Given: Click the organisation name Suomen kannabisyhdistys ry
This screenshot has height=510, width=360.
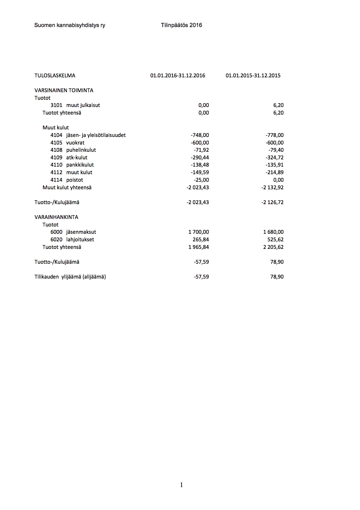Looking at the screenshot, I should tap(70, 25).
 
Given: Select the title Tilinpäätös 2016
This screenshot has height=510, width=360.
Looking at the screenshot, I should tap(181, 25).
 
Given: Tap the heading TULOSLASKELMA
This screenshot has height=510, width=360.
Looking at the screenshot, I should tap(55, 76).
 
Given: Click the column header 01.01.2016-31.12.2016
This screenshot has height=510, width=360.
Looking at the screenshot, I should tap(178, 76).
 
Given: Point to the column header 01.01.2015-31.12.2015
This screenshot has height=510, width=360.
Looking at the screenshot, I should tap(253, 76).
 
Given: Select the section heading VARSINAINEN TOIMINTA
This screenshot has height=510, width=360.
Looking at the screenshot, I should tap(64, 90).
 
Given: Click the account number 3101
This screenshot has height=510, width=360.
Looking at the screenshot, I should tap(56, 105).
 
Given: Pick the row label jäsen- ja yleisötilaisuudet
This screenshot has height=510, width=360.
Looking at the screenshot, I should tap(96, 135).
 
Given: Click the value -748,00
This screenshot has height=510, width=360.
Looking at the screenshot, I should tap(200, 135).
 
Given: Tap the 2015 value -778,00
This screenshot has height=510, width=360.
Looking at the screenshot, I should tap(275, 135).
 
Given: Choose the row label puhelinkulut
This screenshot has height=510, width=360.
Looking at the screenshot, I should tap(81, 150).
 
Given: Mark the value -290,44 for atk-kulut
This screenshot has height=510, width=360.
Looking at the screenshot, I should tap(200, 158).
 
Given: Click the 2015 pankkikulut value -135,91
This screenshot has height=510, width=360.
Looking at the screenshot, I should tap(275, 165).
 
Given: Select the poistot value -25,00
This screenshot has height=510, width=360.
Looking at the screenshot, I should tap(201, 180).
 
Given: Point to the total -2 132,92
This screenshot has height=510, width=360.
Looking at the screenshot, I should tap(273, 188).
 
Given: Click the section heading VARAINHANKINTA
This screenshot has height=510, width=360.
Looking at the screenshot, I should tap(56, 217).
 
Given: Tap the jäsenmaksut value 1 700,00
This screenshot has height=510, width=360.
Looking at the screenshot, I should tap(199, 232).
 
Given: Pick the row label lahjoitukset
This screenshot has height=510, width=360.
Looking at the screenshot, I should tap(80, 240).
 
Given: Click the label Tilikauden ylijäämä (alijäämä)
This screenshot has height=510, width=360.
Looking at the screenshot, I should tap(70, 277).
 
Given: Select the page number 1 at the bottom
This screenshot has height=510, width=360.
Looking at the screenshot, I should tap(182, 485).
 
